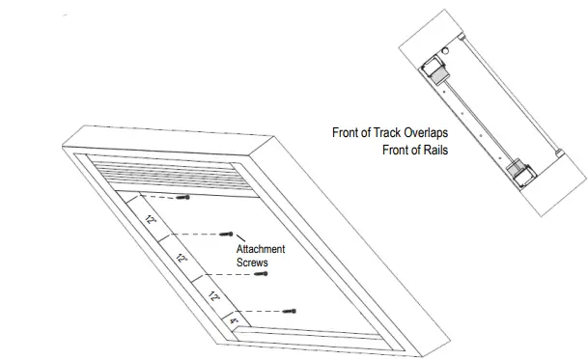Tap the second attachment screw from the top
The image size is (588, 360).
click(x=229, y=233)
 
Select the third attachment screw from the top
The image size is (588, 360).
click(x=261, y=273)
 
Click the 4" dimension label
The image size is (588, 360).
click(x=233, y=321)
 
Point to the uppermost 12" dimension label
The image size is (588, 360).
click(x=151, y=220)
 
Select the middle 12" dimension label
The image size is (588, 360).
click(x=181, y=259)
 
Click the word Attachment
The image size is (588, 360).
click(x=261, y=249)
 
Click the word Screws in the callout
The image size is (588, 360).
click(x=253, y=262)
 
